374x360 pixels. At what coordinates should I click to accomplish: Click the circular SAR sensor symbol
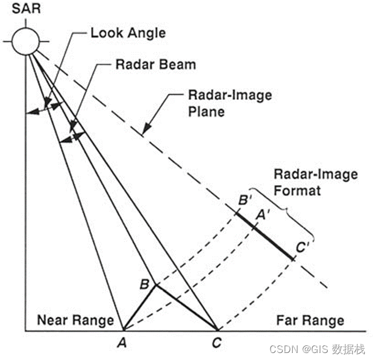coord(25,41)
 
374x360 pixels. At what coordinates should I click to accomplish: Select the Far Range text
coord(310,320)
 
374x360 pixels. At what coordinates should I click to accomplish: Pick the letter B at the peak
coord(144,284)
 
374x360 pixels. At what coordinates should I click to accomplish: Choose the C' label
coord(303,248)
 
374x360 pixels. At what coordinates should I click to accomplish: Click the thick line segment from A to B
coord(138,307)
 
